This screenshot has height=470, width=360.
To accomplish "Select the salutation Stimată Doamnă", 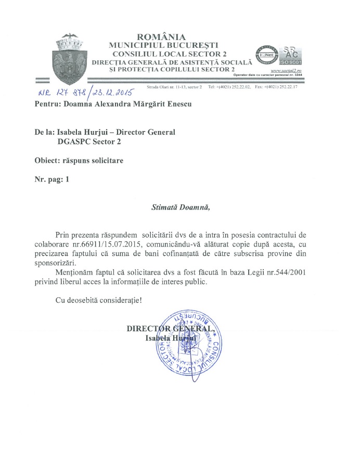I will pos(180,207).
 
